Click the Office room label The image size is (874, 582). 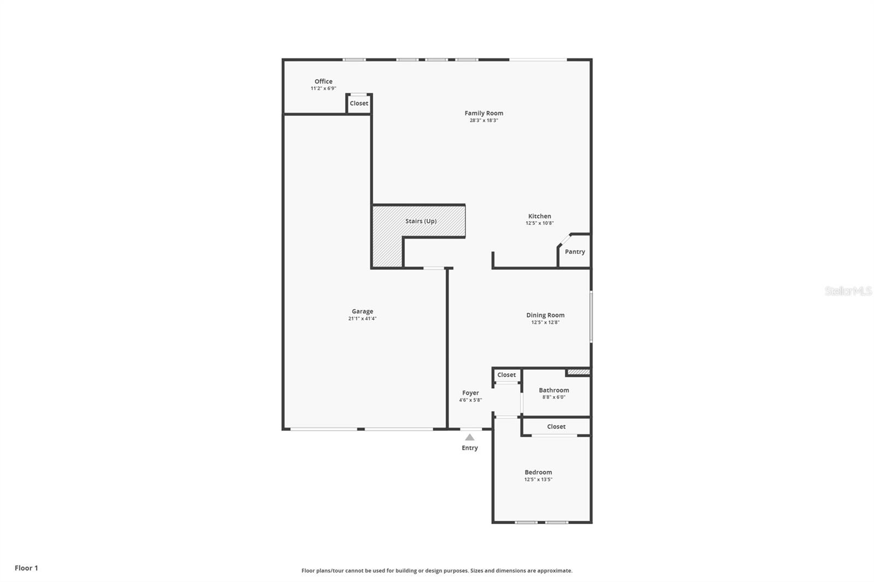tap(323, 81)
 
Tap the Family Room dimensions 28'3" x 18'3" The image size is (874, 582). tap(484, 121)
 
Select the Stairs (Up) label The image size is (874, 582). tap(421, 221)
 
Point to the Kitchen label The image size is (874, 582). tap(540, 216)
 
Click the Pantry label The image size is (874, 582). tap(575, 252)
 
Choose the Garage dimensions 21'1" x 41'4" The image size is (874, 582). tap(363, 319)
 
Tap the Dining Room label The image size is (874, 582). tap(546, 315)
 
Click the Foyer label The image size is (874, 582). tap(470, 393)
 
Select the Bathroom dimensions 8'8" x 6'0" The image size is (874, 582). tap(554, 397)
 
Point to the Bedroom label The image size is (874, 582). tap(539, 472)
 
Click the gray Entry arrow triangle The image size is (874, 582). tap(470, 438)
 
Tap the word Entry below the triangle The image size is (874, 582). tap(470, 448)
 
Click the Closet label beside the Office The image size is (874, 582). tap(359, 103)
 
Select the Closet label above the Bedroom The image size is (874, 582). tap(557, 427)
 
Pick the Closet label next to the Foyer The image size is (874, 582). tap(506, 375)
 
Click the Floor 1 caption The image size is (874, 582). tap(27, 568)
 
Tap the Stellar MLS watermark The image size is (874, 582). tap(848, 291)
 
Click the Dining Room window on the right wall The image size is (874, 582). tap(591, 317)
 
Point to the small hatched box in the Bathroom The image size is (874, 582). tap(578, 372)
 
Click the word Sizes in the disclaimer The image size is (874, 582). tap(477, 571)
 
